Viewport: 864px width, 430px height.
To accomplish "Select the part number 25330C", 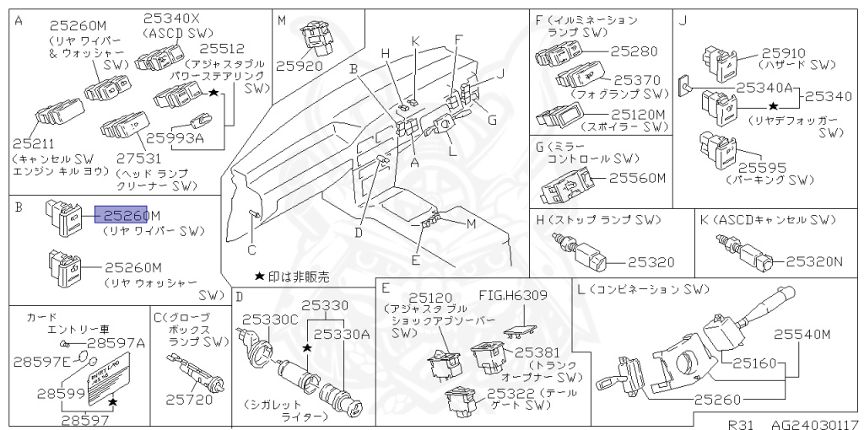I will (x=270, y=320).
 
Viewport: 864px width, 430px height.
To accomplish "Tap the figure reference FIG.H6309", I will (x=513, y=295).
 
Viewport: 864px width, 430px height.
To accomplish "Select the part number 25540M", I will (x=802, y=334).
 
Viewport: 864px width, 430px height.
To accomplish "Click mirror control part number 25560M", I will (x=638, y=178).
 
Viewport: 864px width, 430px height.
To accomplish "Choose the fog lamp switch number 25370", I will (x=640, y=80).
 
